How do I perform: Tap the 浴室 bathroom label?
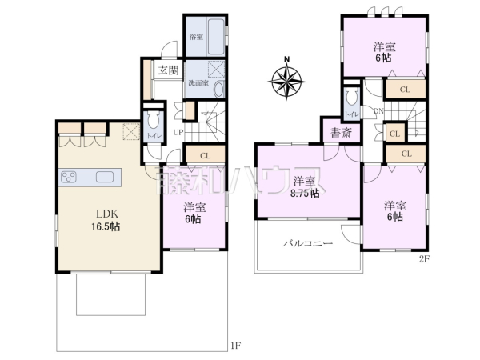click(x=195, y=38)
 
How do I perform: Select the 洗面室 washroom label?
click(x=198, y=82)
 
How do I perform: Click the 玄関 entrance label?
click(x=168, y=70)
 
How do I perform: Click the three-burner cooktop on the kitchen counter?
click(x=68, y=178)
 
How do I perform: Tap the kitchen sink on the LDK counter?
click(x=105, y=178)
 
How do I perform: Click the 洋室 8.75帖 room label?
click(x=305, y=186)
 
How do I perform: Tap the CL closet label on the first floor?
click(x=205, y=156)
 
